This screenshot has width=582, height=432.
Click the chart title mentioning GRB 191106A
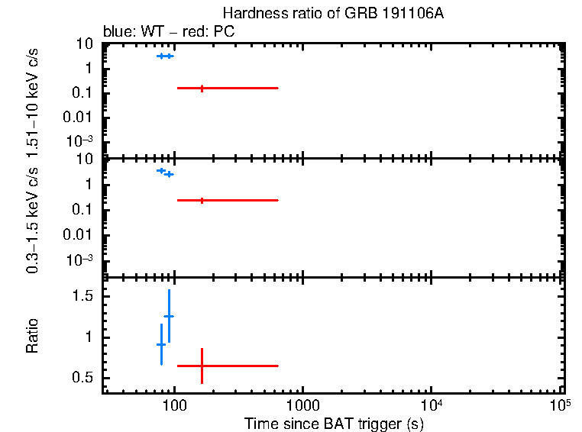point(332,14)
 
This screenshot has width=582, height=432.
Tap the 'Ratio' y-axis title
point(33,336)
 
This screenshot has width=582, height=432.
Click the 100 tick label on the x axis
point(175,404)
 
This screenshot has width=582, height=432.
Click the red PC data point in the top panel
point(202,89)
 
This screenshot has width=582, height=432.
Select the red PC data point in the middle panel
point(202,200)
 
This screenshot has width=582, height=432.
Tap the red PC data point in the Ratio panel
point(202,366)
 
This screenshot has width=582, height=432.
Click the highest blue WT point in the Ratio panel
point(169,316)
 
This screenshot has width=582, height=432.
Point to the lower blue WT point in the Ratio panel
point(161,344)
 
